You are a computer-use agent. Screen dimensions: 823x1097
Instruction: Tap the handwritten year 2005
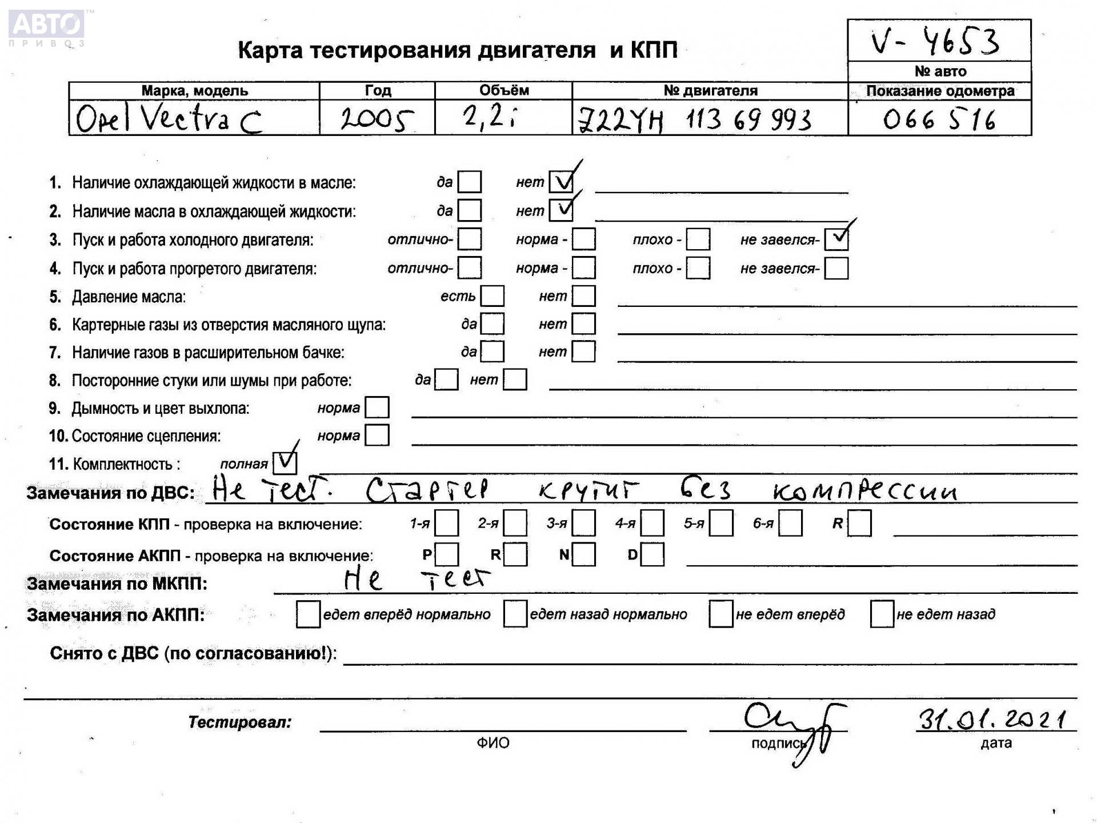(x=377, y=119)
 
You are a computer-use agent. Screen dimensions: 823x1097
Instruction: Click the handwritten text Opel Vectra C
(x=169, y=119)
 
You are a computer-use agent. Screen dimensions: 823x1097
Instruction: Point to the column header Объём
(x=503, y=90)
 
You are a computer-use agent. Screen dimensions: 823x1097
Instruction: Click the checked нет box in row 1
(x=561, y=182)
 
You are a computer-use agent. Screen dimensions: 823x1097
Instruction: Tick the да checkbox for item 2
(x=470, y=210)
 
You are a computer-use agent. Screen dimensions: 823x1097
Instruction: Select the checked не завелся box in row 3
(x=836, y=239)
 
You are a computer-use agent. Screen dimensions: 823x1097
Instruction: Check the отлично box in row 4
(x=470, y=267)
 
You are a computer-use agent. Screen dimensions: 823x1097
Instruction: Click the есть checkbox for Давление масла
(x=493, y=296)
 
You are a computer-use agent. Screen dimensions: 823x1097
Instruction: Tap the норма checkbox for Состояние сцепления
(x=377, y=436)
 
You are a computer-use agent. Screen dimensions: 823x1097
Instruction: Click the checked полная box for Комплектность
(x=285, y=463)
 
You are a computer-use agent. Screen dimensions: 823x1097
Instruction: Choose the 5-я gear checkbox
(x=721, y=524)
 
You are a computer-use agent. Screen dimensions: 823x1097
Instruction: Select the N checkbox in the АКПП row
(x=584, y=554)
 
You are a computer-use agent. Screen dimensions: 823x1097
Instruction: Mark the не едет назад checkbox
(x=882, y=614)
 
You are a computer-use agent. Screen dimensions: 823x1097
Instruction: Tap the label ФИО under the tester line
(x=493, y=743)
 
